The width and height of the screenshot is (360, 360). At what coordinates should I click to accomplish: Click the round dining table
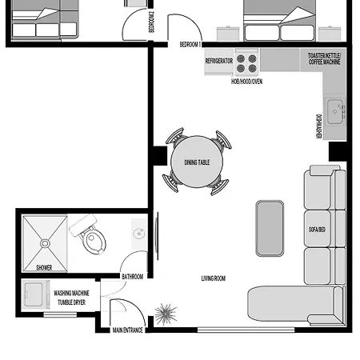pyautogui.click(x=197, y=163)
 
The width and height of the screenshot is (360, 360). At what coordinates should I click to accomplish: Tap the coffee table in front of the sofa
pyautogui.click(x=270, y=228)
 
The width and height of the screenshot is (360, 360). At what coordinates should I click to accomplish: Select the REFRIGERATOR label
pyautogui.click(x=219, y=61)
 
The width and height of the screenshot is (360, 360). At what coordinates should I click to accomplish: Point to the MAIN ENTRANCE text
pyautogui.click(x=127, y=330)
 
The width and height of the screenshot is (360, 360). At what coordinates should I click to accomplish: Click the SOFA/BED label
pyautogui.click(x=318, y=230)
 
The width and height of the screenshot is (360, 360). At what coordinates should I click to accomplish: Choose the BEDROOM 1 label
pyautogui.click(x=190, y=44)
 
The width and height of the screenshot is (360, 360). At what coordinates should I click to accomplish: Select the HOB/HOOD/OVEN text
pyautogui.click(x=247, y=82)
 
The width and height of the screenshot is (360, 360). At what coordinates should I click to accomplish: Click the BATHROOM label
pyautogui.click(x=132, y=277)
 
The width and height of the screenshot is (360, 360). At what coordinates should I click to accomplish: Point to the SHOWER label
pyautogui.click(x=45, y=268)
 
